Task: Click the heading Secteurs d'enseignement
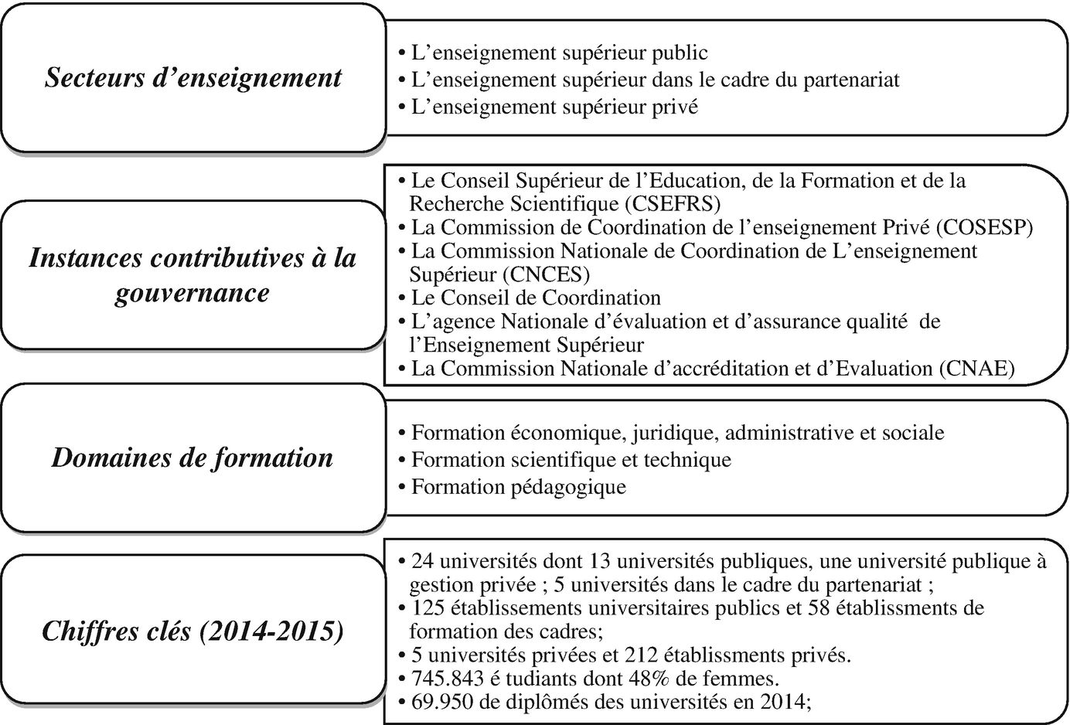click(193, 77)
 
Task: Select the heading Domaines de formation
click(193, 458)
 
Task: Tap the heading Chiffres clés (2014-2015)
click(193, 631)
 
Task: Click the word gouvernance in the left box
click(193, 293)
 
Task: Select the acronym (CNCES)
click(545, 274)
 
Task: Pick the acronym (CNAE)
click(977, 369)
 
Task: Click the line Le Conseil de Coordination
click(536, 298)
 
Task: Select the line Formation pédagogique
click(518, 487)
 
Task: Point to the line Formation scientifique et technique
click(571, 460)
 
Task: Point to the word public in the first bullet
click(680, 53)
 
